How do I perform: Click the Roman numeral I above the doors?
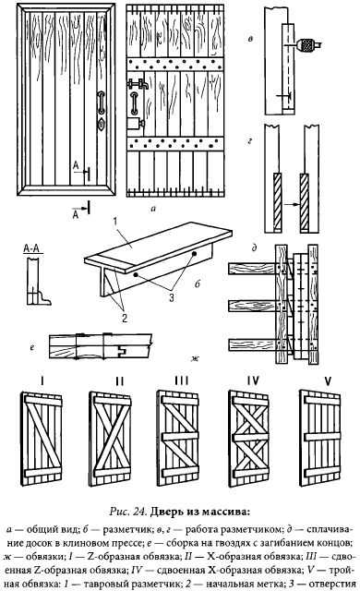42,381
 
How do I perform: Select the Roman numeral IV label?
253,381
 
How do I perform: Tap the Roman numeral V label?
328,381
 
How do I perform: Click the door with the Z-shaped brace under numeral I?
42,439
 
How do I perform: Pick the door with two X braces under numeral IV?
249,439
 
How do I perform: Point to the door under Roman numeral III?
178,439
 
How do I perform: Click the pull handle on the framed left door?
101,103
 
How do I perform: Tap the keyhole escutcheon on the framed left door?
102,124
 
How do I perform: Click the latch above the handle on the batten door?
137,83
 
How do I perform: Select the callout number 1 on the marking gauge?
115,222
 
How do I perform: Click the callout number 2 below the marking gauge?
125,318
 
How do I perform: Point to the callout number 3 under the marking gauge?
172,297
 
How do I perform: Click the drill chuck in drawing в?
309,44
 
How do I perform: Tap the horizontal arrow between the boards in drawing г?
292,205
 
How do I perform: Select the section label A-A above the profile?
33,248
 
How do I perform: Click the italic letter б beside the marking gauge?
198,283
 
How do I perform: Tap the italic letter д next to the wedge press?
255,248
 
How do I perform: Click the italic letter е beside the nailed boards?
32,348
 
